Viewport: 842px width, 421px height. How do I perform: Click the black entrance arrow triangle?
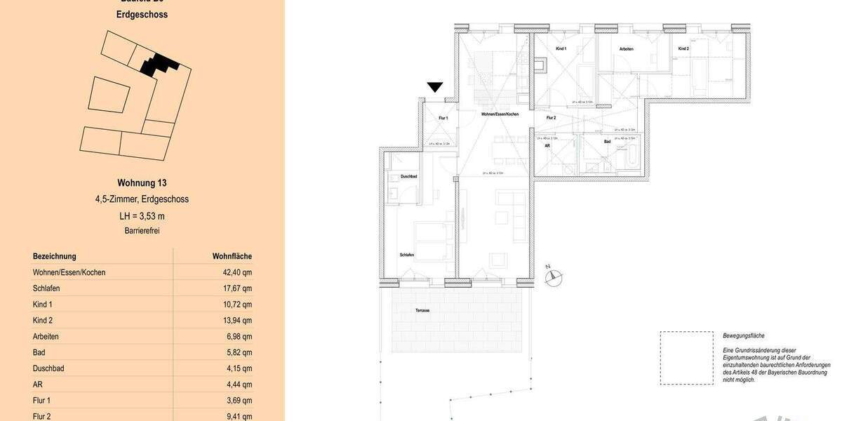(435, 87)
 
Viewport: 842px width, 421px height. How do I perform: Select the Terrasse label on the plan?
(422, 310)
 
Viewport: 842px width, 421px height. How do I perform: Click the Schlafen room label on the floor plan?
(407, 255)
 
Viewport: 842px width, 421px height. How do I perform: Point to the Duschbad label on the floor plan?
(409, 177)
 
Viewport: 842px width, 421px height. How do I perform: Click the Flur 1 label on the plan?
(443, 118)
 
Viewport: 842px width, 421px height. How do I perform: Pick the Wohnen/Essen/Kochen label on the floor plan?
(500, 114)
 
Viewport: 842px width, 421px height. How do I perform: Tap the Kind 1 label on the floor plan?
(561, 48)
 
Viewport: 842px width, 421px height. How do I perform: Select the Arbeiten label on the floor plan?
(627, 49)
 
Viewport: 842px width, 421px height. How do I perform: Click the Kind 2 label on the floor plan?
(683, 48)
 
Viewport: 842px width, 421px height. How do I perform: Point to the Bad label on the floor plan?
(607, 142)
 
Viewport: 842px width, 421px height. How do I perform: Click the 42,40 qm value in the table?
(237, 272)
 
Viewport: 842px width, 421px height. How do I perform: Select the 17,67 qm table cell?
(237, 288)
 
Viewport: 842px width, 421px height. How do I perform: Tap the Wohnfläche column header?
(232, 256)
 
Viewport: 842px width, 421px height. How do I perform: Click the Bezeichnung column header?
(55, 256)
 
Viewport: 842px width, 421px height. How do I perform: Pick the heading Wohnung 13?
(142, 183)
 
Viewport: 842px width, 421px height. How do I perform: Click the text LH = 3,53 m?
(142, 216)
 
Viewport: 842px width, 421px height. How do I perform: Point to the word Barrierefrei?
(142, 230)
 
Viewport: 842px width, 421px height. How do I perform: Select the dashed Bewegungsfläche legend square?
(686, 358)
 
